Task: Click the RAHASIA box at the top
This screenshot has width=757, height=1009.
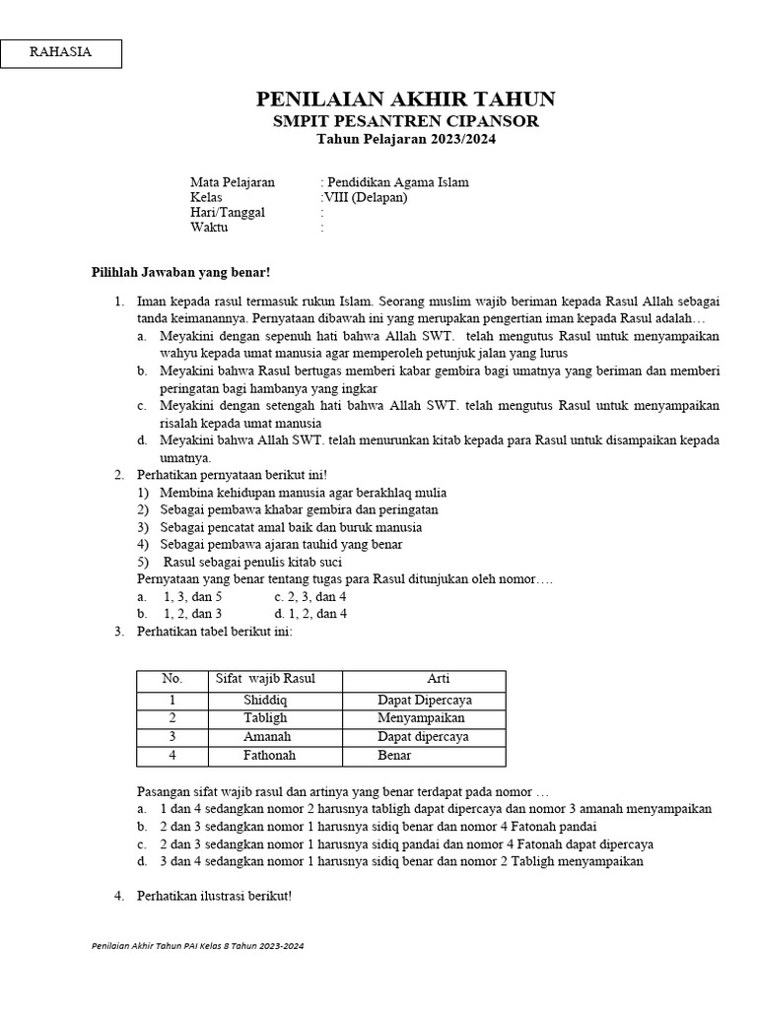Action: click(x=61, y=53)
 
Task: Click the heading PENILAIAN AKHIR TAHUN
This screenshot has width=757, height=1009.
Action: click(x=405, y=99)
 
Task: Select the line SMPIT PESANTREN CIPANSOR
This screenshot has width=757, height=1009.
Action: click(x=405, y=121)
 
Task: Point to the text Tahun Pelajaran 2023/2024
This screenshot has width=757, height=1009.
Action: click(x=405, y=140)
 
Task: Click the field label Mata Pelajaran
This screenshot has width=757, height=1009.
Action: click(x=233, y=182)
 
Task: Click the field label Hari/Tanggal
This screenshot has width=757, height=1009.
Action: click(x=227, y=212)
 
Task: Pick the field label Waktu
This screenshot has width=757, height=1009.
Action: click(x=209, y=227)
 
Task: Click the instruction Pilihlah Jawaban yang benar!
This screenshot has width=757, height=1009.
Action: click(x=180, y=271)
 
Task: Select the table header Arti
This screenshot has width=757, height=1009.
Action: click(x=438, y=679)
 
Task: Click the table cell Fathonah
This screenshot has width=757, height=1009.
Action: click(x=269, y=756)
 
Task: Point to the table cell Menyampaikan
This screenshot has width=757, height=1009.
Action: click(x=421, y=718)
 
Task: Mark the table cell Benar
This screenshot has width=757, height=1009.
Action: click(x=394, y=756)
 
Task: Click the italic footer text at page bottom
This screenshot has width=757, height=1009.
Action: click(x=197, y=945)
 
